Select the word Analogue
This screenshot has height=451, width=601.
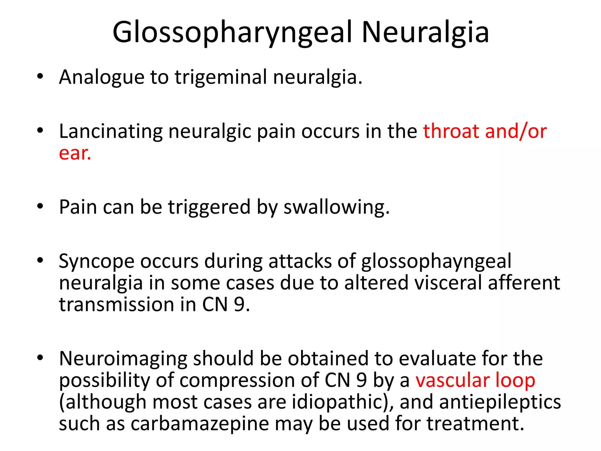click(102, 77)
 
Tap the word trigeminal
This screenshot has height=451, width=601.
click(221, 77)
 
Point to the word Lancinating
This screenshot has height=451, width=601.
click(111, 131)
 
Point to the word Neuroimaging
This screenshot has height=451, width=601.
click(123, 359)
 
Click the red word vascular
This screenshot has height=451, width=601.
click(452, 380)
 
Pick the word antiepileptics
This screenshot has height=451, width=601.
click(500, 402)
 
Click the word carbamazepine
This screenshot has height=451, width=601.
click(200, 424)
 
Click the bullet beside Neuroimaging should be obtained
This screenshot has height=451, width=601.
click(40, 358)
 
